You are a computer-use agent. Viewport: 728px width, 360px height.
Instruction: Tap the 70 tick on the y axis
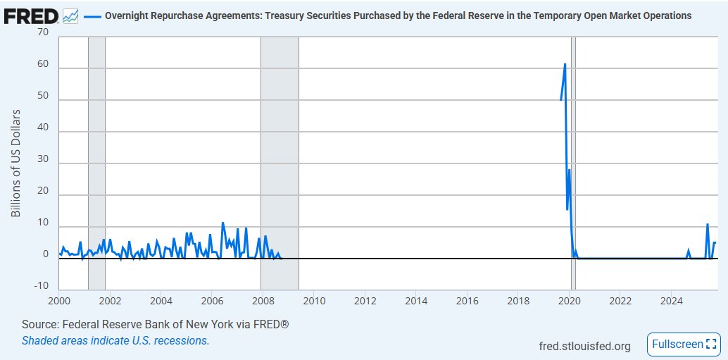pos(44,32)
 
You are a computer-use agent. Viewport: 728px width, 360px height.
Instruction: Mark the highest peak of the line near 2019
pos(565,64)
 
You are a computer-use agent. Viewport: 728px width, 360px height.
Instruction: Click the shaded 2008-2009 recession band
pos(280,162)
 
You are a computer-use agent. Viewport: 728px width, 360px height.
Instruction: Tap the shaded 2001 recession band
pos(96,162)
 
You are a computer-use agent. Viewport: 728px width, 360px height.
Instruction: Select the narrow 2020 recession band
pos(574,162)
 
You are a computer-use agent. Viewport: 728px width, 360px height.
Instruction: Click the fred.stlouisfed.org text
pos(584,345)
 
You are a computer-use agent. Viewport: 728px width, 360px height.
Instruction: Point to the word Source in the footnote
pos(39,325)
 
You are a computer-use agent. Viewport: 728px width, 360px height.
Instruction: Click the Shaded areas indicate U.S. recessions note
pos(115,340)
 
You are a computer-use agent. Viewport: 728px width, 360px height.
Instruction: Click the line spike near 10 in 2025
pos(707,224)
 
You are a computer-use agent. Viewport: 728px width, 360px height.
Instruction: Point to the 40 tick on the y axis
pos(44,132)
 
